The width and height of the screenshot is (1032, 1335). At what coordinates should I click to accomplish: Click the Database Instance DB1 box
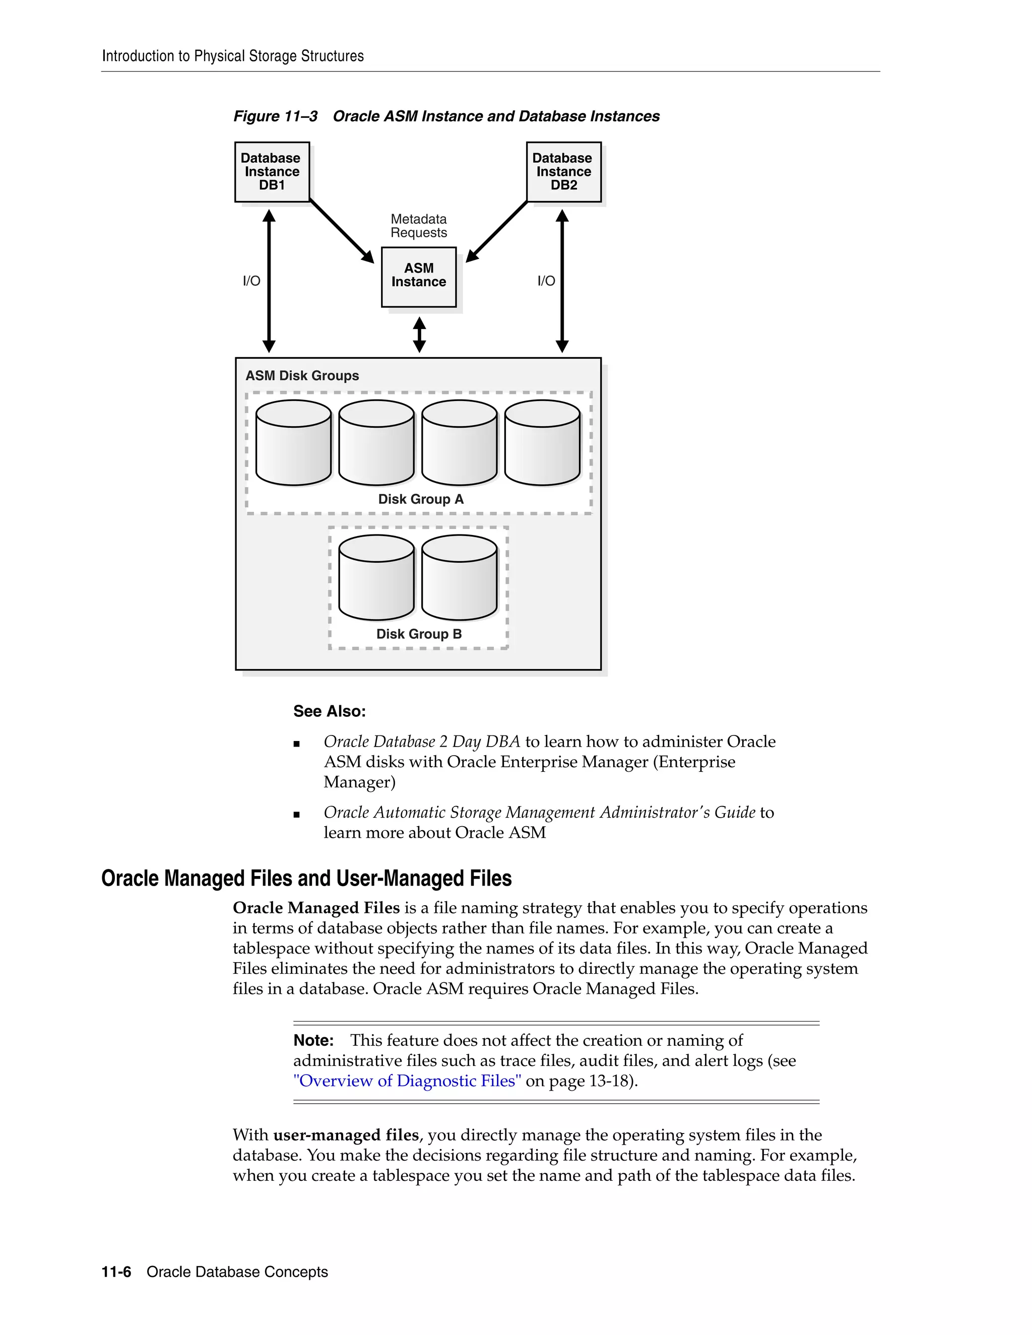tap(272, 172)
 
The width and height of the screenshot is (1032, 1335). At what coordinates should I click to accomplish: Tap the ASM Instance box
tap(418, 276)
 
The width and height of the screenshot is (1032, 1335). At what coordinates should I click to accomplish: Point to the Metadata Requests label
tap(418, 226)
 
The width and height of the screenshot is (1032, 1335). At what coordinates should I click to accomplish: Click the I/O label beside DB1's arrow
tap(251, 281)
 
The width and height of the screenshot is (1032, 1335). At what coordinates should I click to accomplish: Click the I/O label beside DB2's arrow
tap(546, 281)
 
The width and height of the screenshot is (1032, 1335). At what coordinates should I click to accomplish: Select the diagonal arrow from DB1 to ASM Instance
tap(341, 230)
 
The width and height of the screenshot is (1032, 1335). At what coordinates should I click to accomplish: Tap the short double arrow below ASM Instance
tap(419, 335)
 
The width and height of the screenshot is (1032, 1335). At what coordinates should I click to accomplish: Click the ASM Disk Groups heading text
tap(302, 376)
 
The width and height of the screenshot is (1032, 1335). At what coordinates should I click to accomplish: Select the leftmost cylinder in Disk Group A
tap(293, 443)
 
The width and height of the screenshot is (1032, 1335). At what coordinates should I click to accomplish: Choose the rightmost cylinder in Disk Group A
tap(542, 443)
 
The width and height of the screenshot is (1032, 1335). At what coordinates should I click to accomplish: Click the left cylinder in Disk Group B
tap(376, 578)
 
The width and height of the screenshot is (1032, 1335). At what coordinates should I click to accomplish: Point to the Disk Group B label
tap(419, 634)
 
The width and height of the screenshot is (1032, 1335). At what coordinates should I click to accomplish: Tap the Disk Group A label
tap(421, 499)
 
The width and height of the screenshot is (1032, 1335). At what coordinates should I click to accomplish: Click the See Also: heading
tap(329, 711)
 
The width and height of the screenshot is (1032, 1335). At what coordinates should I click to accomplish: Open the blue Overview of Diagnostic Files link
tap(407, 1081)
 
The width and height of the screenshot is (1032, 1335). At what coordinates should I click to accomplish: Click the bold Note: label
tap(313, 1040)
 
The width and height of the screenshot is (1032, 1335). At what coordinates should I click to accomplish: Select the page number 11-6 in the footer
tap(116, 1272)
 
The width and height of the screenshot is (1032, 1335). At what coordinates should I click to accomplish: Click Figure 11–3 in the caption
tap(275, 116)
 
